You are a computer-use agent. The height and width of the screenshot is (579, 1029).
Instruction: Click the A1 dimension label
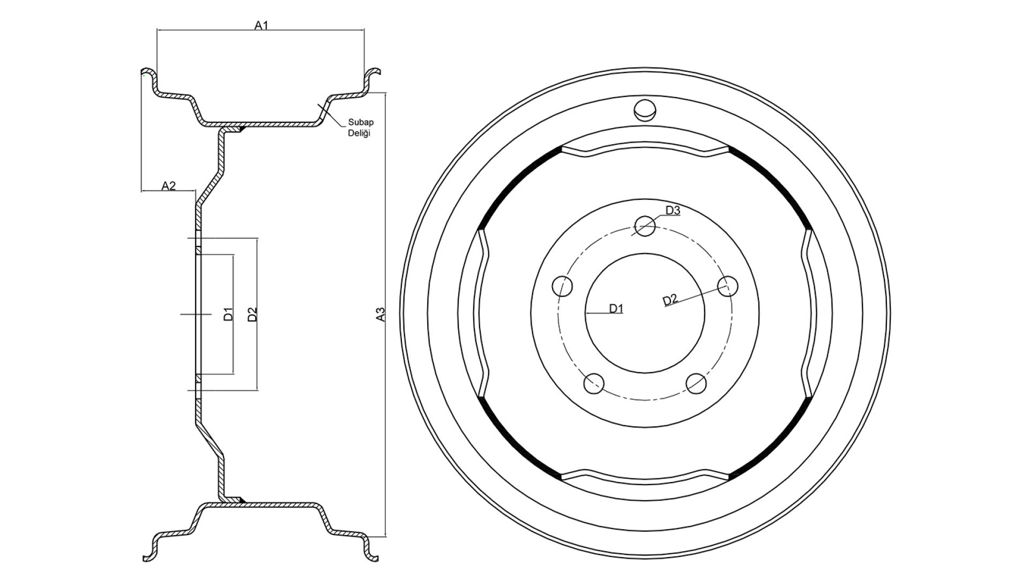tap(261, 25)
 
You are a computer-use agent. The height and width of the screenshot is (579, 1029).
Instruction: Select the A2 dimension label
tap(169, 185)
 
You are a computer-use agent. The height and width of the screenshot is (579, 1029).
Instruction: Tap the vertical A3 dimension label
tap(381, 314)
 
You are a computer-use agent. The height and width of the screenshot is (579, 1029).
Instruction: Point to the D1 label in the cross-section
tap(229, 314)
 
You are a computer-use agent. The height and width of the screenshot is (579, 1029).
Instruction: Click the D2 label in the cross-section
tap(252, 314)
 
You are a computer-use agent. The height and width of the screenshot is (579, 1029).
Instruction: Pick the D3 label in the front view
tap(673, 211)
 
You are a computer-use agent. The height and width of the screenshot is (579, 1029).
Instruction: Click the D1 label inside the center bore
tap(616, 308)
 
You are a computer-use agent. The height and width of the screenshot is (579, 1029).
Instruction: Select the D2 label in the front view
tap(670, 300)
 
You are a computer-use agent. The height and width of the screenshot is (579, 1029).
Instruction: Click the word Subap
tap(361, 122)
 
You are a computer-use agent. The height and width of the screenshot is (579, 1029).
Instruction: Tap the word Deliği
tap(360, 133)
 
